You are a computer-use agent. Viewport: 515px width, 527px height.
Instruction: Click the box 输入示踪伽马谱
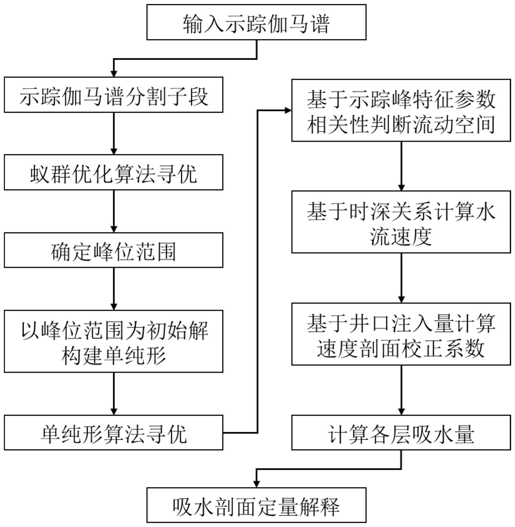(x=256, y=22)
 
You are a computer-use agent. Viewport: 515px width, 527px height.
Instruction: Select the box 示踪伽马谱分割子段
(x=113, y=95)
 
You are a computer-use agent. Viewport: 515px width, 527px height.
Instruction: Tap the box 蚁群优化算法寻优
(x=113, y=172)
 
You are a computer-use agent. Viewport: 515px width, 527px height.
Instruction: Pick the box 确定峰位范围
(x=113, y=250)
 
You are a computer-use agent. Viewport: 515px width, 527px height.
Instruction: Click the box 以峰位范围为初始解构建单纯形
(x=113, y=341)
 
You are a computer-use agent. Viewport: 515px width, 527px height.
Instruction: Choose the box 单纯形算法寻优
(x=113, y=432)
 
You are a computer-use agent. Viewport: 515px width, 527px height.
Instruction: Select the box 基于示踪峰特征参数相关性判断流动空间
(x=401, y=110)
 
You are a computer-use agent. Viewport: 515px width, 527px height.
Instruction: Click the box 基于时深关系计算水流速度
(x=401, y=222)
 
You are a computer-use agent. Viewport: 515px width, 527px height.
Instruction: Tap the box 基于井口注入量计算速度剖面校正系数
(x=401, y=334)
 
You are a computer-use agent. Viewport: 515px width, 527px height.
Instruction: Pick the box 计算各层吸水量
(x=401, y=432)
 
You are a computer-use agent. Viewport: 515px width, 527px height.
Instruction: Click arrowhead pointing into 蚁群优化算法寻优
(x=114, y=151)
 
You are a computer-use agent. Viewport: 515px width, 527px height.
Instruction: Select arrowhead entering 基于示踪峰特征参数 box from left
(x=288, y=110)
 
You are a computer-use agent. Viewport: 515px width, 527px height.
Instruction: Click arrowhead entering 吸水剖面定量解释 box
(x=256, y=484)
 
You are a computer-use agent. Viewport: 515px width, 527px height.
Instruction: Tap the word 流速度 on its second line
(x=401, y=236)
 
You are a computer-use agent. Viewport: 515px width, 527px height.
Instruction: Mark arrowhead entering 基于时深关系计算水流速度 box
(x=401, y=188)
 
